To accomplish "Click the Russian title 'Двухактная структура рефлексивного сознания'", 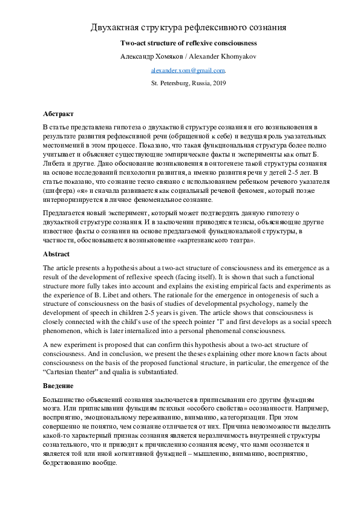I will pyautogui.click(x=188, y=28).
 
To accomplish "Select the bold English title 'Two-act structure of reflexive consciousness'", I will pyautogui.click(x=188, y=44).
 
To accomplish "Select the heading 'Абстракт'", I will pyautogui.click(x=59, y=114).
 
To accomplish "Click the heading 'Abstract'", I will pyautogui.click(x=56, y=254).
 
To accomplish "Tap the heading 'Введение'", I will pyautogui.click(x=59, y=385).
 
